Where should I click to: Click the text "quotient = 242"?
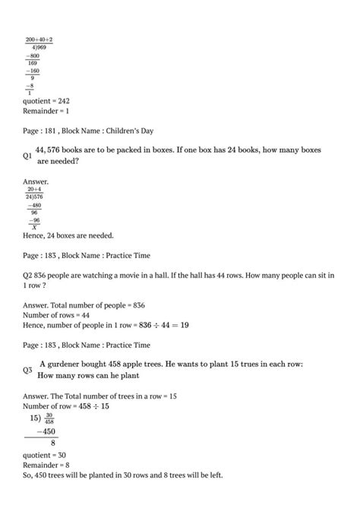pos(47,99)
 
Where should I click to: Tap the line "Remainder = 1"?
pos(47,111)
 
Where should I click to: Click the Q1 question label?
pos(29,156)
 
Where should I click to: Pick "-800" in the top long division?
pos(33,55)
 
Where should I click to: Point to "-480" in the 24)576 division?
pos(34,204)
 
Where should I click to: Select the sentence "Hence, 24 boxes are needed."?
pos(70,235)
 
